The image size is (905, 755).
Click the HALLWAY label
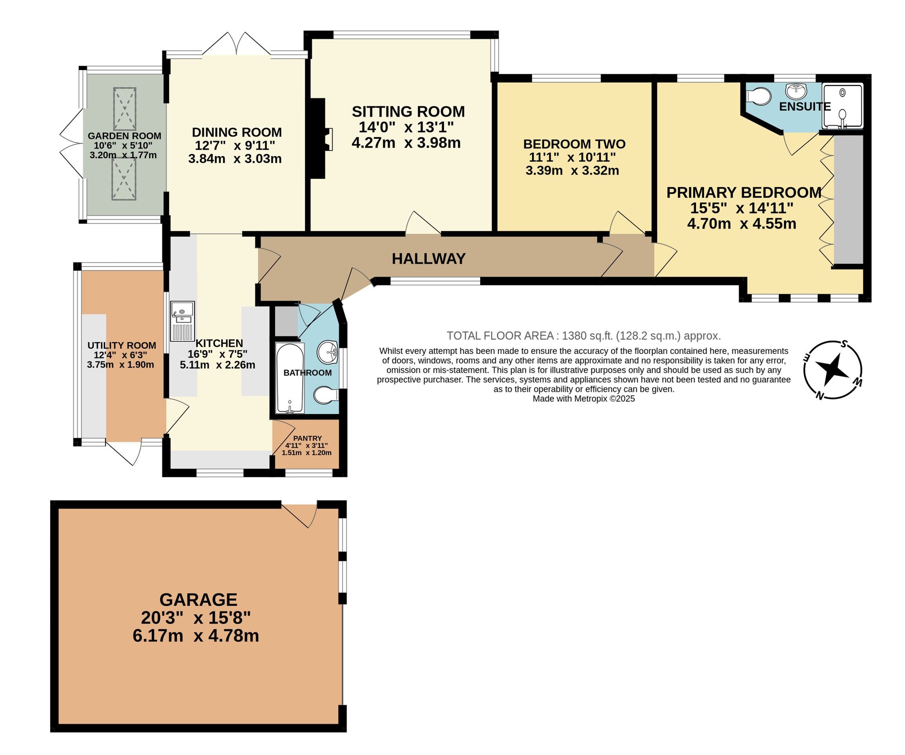pos(429,259)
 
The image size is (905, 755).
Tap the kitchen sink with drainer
pos(182,321)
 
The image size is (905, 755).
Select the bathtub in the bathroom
pos(290,378)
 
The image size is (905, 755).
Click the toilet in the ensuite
pos(759,96)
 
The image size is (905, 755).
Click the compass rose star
pos(832,369)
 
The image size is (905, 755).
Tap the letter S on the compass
pos(844,344)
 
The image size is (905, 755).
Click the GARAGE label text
pos(198,600)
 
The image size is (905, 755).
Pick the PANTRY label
pos(307,438)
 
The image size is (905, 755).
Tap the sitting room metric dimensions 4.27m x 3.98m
pos(406,143)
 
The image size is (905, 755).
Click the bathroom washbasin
pos(328,352)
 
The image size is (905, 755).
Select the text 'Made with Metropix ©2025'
pos(583,399)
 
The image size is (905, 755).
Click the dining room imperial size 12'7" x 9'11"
pos(235,146)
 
